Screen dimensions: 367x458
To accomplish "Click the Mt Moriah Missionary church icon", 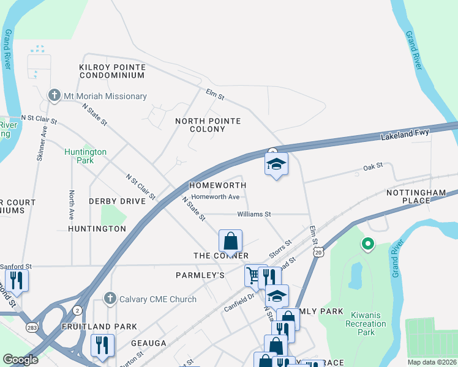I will pos(54,96).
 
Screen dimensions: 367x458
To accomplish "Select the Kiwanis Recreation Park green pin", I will pos(367,245).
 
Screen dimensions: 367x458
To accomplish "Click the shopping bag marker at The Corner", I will pos(230,241).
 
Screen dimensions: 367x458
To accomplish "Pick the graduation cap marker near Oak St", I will pos(276,164).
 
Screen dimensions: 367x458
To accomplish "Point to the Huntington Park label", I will pos(86,156).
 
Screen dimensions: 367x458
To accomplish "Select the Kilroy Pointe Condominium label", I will pos(112,71).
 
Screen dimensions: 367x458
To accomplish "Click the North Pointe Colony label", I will pos(208,125).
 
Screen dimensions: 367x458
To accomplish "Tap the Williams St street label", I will pos(254,214).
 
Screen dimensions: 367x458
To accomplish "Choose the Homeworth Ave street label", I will pos(215,197).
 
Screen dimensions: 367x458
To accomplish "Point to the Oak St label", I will pos(372,166).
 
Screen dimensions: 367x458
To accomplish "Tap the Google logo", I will pos(20,360).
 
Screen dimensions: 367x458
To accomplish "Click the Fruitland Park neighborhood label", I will pos(99,327).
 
